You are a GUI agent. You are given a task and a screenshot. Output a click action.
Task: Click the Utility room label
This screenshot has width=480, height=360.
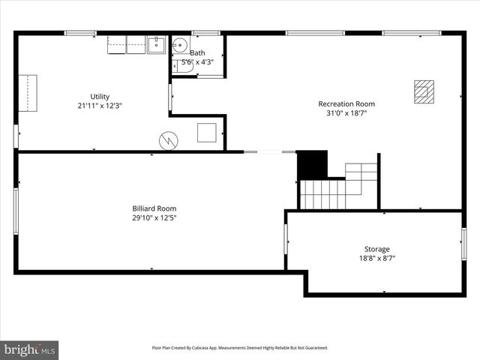pos(100,97)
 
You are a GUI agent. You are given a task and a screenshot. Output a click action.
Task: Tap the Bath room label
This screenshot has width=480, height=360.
pos(197,53)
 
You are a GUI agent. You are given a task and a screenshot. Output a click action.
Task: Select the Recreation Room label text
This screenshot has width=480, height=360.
pos(346,104)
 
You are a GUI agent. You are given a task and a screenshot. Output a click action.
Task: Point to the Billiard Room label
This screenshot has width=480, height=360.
pos(154,208)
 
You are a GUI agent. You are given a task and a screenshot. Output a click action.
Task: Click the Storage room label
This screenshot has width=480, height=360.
pos(377,249)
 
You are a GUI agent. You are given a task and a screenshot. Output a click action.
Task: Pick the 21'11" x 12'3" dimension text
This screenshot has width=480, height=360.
pos(100,106)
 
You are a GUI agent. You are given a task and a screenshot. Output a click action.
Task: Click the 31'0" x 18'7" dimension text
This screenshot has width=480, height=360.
pos(346,114)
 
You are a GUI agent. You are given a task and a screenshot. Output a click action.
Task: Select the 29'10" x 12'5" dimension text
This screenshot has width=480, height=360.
pos(154,218)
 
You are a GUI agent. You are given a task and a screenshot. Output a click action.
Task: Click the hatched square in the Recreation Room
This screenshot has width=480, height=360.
pos(424,91)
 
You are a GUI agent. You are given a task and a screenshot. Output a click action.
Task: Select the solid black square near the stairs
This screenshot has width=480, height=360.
pos(313,164)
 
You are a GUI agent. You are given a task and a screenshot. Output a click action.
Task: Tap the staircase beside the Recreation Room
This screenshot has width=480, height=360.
pos(337,187)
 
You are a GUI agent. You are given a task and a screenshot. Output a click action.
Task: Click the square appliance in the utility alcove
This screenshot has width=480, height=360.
pos(207,133)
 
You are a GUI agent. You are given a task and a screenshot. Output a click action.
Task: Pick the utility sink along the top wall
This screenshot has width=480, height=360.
pos(156,45)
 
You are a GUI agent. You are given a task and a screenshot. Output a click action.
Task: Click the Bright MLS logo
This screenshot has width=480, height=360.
pos(30,349)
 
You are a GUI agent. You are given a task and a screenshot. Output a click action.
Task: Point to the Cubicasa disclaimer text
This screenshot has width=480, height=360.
pos(240,348)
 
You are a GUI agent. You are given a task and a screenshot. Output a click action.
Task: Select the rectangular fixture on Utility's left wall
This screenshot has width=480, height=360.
pos(28,92)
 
